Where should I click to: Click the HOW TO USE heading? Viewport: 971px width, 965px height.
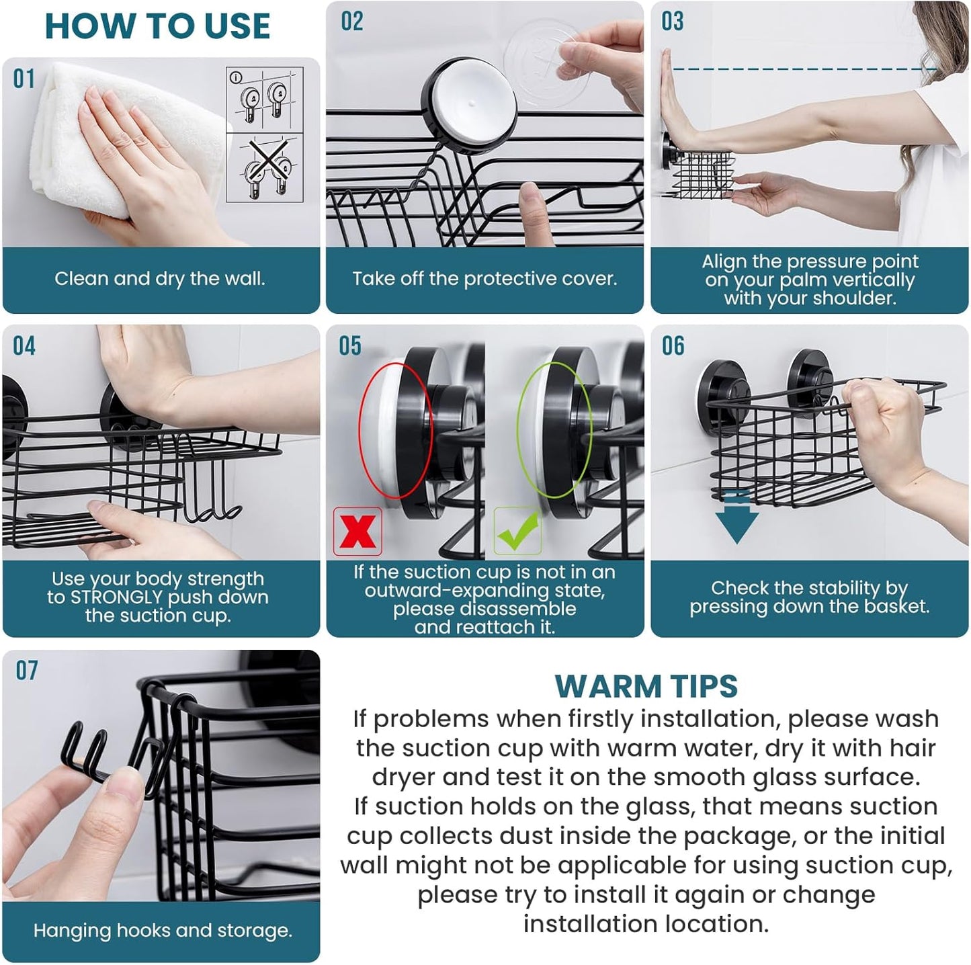click(157, 26)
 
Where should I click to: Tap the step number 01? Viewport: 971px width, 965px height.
click(24, 79)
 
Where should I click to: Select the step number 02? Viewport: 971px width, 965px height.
click(351, 22)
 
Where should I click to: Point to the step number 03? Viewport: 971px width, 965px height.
click(672, 22)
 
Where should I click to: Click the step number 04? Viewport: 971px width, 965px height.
click(24, 346)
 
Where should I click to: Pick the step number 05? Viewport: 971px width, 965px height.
click(349, 346)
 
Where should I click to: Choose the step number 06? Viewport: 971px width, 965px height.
click(673, 346)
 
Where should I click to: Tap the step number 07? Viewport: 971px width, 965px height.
click(27, 671)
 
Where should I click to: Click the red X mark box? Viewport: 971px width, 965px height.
click(357, 531)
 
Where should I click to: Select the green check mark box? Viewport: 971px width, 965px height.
click(517, 531)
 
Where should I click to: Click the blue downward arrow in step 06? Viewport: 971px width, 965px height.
click(736, 517)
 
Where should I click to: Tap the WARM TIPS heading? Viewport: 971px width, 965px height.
click(646, 686)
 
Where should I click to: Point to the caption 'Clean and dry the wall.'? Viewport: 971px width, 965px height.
click(160, 279)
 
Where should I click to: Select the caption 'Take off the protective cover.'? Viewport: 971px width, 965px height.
click(484, 279)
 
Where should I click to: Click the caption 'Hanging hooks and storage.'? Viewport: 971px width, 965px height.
click(163, 931)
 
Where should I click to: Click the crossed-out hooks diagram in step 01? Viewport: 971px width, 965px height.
click(265, 168)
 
